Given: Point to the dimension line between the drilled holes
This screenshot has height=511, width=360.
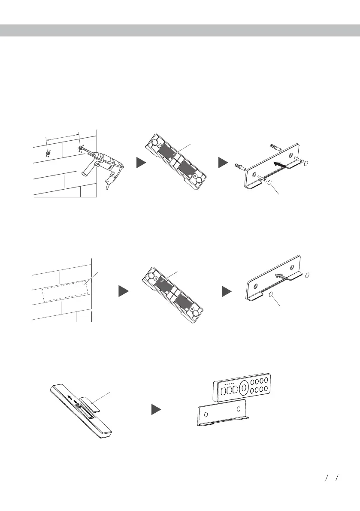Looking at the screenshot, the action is click(x=63, y=136).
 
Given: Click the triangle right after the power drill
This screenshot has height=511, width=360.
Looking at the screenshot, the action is click(x=142, y=163).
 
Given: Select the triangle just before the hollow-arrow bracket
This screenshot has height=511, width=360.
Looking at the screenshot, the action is click(x=227, y=292).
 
